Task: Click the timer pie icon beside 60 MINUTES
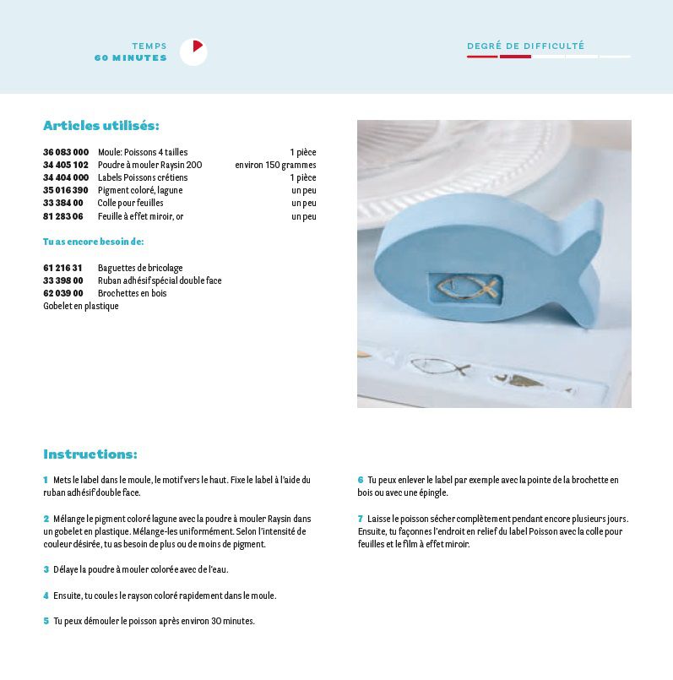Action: click(x=193, y=52)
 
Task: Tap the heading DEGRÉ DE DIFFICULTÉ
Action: click(x=525, y=46)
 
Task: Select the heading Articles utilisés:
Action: click(x=100, y=126)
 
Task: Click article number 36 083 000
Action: click(x=66, y=152)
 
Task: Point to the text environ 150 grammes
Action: click(x=275, y=165)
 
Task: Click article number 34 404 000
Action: click(x=66, y=177)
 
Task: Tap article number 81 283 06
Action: click(x=63, y=216)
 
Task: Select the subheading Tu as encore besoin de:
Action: click(x=93, y=242)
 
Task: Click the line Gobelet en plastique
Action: click(x=81, y=306)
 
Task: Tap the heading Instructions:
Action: click(x=90, y=454)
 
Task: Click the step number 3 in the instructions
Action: click(x=46, y=569)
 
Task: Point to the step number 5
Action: click(x=46, y=621)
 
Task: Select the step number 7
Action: click(x=361, y=519)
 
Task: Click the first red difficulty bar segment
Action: click(x=482, y=57)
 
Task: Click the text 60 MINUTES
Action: click(x=131, y=58)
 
